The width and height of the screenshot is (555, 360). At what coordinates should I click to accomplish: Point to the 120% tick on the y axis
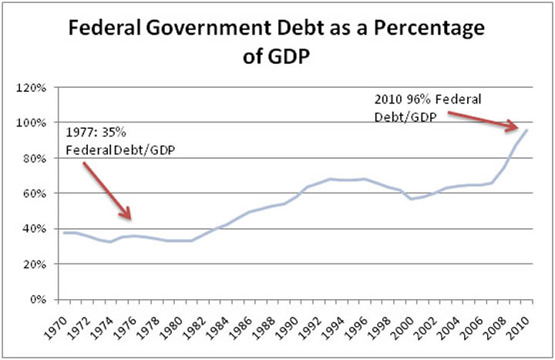click(x=34, y=88)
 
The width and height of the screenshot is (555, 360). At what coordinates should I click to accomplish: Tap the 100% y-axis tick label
click(x=34, y=123)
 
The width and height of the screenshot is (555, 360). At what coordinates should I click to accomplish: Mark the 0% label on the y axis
click(x=39, y=299)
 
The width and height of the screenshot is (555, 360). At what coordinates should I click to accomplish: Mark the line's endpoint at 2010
click(x=526, y=130)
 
